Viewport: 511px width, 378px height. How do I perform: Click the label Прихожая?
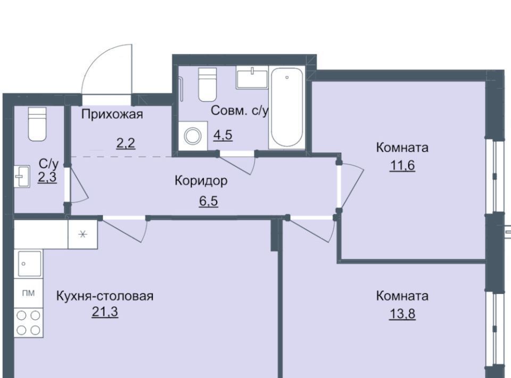112,114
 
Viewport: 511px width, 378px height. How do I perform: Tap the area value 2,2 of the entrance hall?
126,143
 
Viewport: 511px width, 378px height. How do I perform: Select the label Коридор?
201,180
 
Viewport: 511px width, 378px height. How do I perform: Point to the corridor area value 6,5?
209,201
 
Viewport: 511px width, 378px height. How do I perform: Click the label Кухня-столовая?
105,296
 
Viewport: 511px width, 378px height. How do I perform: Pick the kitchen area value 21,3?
105,312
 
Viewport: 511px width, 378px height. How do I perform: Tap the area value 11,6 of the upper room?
402,166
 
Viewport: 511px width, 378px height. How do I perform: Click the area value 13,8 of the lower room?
402,314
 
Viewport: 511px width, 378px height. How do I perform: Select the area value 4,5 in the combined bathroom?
223,134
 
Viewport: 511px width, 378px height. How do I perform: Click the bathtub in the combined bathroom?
287,108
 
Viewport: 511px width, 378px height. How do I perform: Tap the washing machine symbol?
193,136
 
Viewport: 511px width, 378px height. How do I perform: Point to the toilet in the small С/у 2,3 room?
37,124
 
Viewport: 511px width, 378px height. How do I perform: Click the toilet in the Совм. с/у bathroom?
208,85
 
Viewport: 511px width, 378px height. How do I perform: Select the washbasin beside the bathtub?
252,77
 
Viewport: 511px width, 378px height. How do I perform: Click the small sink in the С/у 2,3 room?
22,176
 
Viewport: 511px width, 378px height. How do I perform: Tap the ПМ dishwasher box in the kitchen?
28,293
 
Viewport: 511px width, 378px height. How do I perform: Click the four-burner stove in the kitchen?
28,323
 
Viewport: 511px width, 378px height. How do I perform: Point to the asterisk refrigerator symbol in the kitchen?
83,234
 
